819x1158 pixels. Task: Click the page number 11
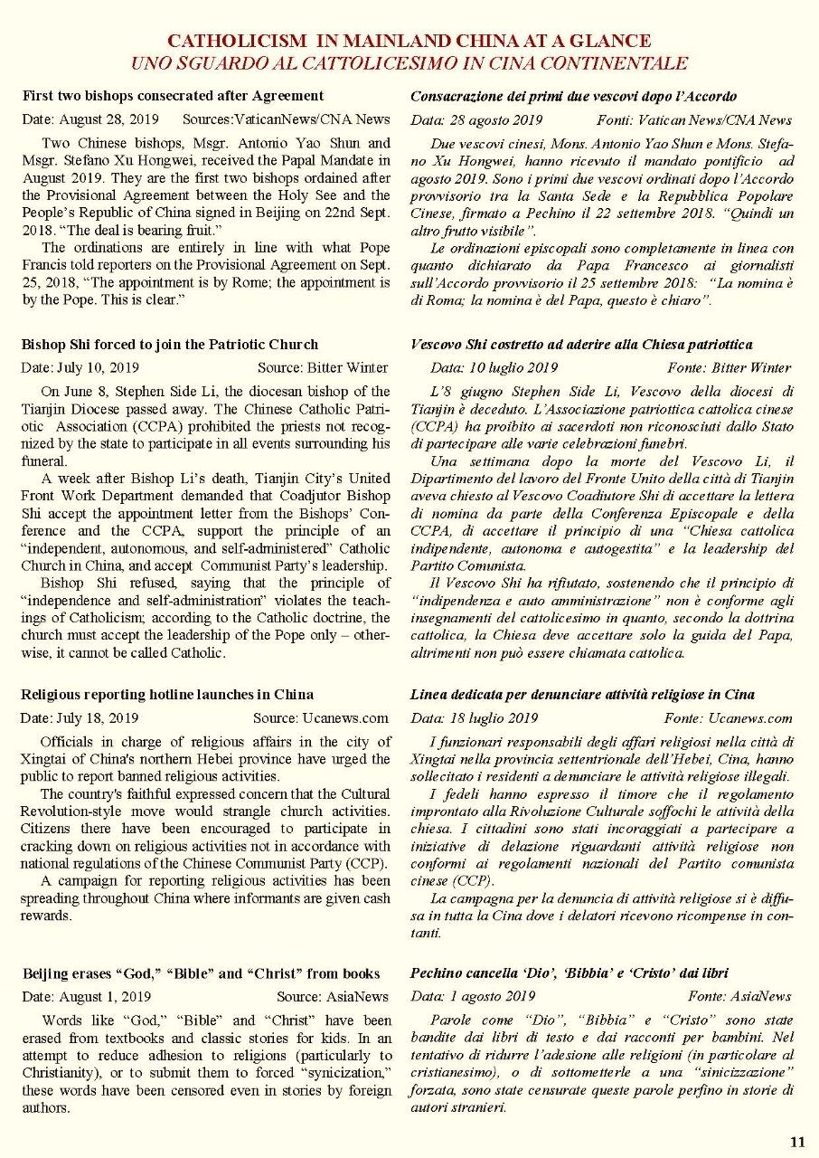click(797, 1141)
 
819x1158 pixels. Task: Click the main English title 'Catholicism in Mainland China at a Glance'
click(409, 42)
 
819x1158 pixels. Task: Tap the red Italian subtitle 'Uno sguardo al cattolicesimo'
click(409, 63)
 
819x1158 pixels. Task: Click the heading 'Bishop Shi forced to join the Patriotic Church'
click(170, 345)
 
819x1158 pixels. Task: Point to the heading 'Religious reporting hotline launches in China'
click(167, 695)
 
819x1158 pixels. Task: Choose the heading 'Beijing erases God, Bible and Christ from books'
click(201, 973)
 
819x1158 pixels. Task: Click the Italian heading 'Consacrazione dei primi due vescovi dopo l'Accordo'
click(573, 96)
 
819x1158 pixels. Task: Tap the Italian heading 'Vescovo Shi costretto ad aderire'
click(581, 345)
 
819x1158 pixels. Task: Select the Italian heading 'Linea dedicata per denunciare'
click(582, 695)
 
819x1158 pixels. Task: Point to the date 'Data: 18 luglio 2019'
click(474, 718)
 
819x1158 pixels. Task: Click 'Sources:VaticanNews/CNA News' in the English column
click(286, 119)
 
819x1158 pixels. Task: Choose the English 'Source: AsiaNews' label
click(332, 997)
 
